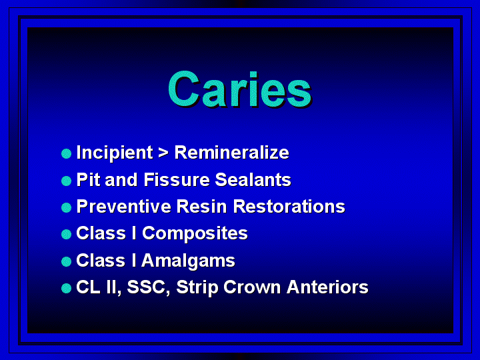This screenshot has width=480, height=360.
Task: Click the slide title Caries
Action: coord(240,89)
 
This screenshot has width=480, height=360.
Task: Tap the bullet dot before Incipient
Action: coord(66,154)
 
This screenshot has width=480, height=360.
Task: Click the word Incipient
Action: coord(115,153)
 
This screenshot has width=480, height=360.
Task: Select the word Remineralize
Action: coord(232,153)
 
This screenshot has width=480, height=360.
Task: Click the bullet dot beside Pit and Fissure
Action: coord(66,181)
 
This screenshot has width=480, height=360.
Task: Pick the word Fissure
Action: coord(177,180)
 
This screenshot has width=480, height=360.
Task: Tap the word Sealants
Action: coord(253,180)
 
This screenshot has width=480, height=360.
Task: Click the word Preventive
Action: coord(124,206)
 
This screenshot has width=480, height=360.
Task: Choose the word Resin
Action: coord(201,206)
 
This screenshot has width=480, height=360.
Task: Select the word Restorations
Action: coord(289,206)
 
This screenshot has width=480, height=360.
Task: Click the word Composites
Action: coord(195,234)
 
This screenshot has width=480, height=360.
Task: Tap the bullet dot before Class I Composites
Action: coord(66,235)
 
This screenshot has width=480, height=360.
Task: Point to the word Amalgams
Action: coord(188,261)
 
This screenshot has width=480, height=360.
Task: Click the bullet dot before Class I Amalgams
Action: coord(66,261)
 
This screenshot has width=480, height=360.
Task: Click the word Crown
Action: coord(252,287)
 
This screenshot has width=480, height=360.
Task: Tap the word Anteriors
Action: coord(327,287)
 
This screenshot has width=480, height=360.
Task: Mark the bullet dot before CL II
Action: coord(66,289)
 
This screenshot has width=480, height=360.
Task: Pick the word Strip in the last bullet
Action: coord(197,288)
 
